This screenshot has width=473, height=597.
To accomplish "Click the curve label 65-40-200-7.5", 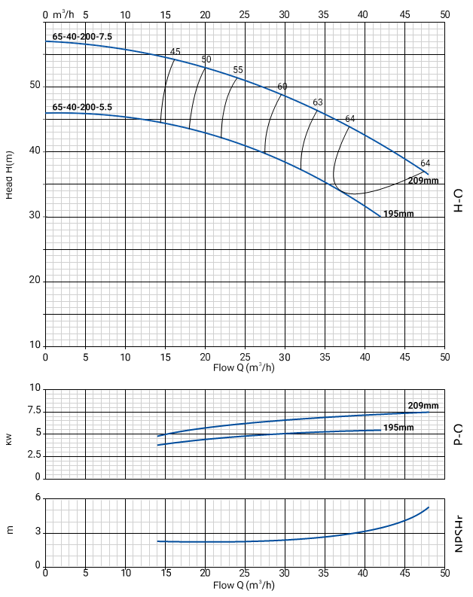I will coord(82,35).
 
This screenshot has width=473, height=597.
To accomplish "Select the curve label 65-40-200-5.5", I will coord(82,107).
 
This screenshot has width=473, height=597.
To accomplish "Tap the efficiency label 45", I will coord(175,52).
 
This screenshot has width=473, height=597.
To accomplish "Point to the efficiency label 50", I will coord(206,59).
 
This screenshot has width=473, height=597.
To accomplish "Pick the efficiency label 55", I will coord(238,70).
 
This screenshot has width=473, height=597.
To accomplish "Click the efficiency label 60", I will coord(282,87).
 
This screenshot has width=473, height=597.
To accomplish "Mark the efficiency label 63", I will coord(318,102).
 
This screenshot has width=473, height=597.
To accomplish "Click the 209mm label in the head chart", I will coord(423,181).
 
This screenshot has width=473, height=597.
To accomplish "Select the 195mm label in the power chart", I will coord(398,428).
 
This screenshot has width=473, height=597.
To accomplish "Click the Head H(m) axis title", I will coord(10,175).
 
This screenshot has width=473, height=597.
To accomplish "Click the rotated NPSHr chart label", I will coord(459,534).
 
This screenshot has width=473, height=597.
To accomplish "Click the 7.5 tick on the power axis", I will coord(33,411).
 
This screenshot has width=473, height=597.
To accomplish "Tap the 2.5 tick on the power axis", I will coord(33,455).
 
